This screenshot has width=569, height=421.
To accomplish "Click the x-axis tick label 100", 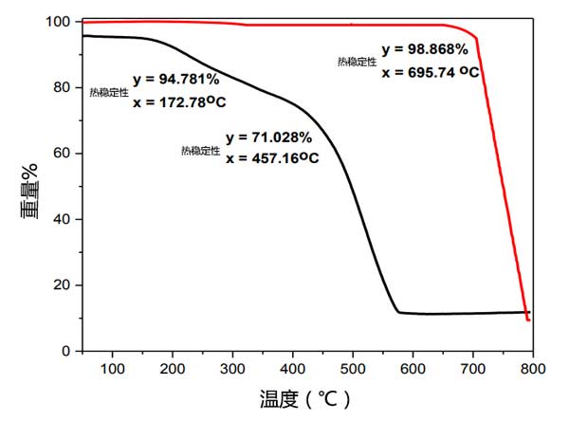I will [x=113, y=367].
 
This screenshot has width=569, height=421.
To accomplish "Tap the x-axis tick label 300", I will [x=233, y=367].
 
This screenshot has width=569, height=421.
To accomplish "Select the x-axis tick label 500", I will [x=353, y=367].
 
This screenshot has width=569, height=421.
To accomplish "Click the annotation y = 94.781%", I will [x=176, y=79].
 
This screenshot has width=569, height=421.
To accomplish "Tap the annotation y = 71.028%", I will [x=268, y=137].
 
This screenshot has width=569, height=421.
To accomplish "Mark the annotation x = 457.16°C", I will [x=272, y=158].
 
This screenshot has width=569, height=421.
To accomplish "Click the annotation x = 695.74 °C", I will [x=431, y=71].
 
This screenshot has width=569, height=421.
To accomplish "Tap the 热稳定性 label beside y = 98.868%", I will [x=358, y=61].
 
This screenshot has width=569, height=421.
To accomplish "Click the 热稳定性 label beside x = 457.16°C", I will [x=201, y=150].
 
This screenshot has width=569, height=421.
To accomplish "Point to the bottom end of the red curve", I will [x=528, y=320].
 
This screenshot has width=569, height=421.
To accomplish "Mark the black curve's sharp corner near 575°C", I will [x=398, y=312].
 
